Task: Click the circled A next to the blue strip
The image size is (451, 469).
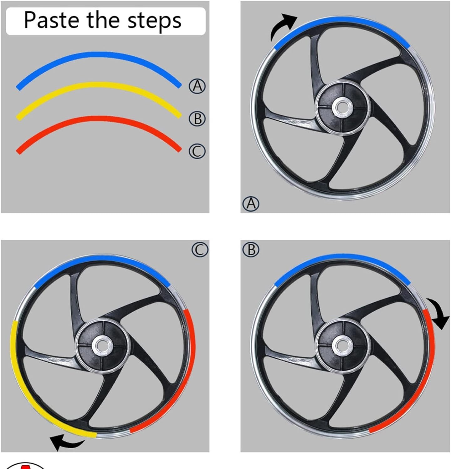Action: [197, 86]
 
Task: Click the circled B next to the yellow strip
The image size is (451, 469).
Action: [197, 119]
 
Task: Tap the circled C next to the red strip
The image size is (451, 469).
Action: [197, 151]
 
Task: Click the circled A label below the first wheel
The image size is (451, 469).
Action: [251, 204]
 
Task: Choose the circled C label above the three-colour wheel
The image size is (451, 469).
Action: [200, 250]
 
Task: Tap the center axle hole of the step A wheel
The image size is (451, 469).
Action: [342, 107]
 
